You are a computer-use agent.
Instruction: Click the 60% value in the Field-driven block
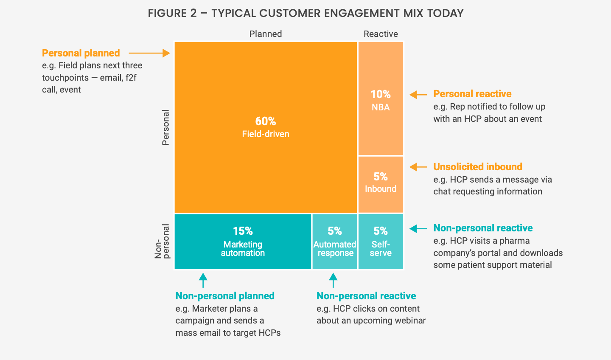click(266, 121)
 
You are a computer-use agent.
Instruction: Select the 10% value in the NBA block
click(381, 94)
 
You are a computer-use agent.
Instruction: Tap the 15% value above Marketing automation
click(243, 231)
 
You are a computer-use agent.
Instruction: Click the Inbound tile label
click(381, 189)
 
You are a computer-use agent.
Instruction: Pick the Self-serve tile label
click(381, 249)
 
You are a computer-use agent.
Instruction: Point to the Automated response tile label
click(335, 249)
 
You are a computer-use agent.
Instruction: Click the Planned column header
click(266, 34)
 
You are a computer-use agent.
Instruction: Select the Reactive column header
click(381, 34)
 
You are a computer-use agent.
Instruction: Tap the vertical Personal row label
click(166, 127)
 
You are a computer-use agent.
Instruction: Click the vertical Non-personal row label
click(162, 241)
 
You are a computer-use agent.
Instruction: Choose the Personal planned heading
click(81, 53)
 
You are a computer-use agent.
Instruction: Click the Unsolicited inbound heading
click(478, 167)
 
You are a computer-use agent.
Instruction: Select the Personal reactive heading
click(472, 94)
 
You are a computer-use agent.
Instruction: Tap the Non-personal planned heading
click(225, 296)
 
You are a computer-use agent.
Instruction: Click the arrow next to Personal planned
click(149, 53)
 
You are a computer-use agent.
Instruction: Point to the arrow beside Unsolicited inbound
click(418, 167)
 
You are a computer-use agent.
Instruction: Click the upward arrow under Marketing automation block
click(203, 280)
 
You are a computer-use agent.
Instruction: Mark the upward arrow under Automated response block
click(334, 280)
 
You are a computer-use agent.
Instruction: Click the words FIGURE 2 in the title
click(172, 14)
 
